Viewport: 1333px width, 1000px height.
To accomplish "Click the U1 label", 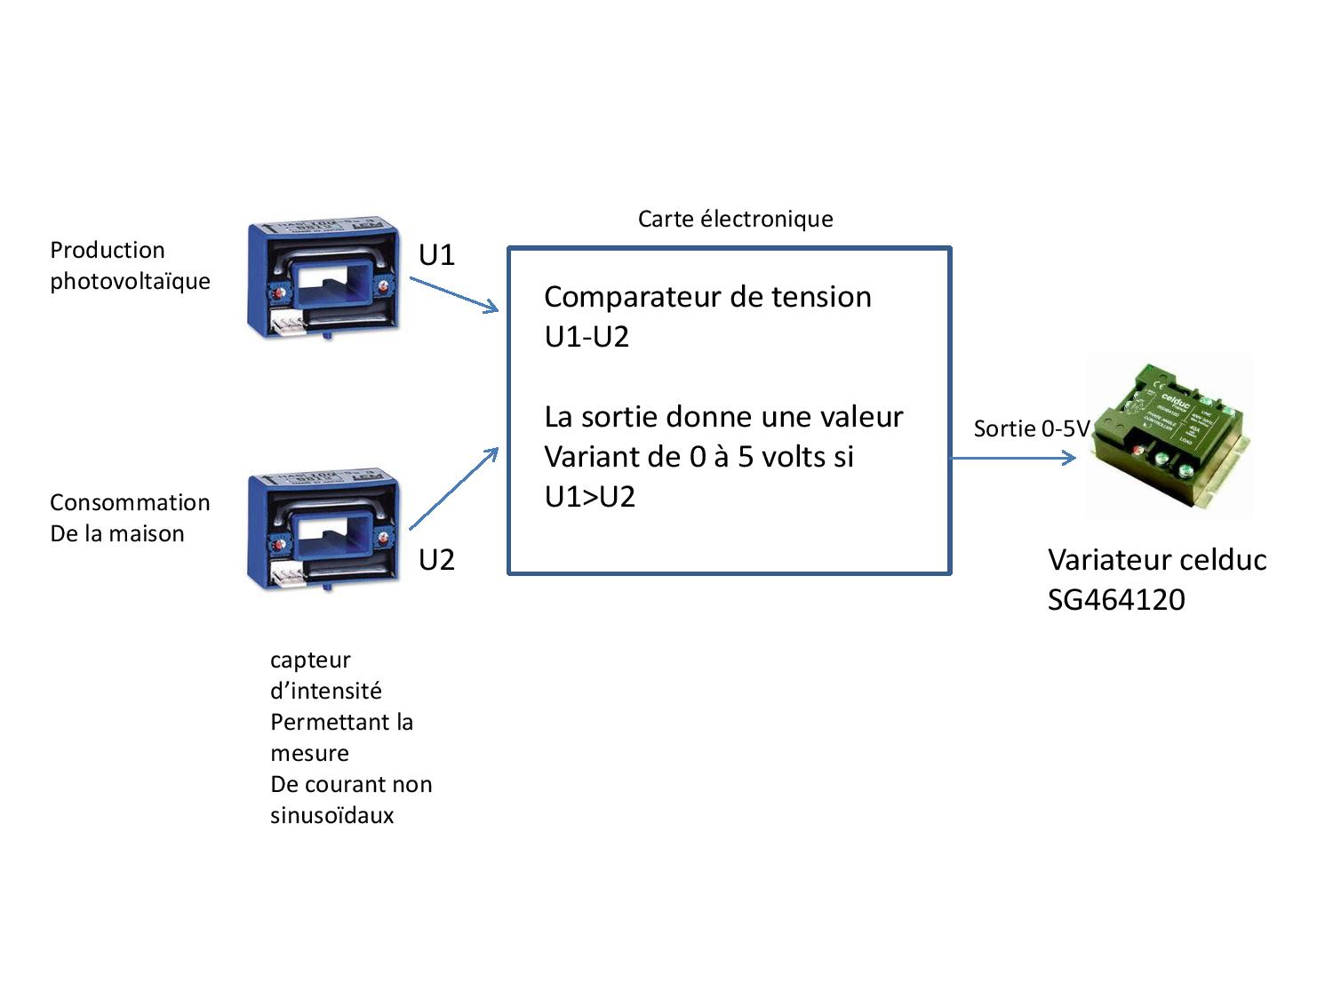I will point(436,256).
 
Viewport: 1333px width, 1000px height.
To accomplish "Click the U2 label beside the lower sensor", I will point(436,560).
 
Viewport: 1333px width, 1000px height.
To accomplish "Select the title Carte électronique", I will point(735,220).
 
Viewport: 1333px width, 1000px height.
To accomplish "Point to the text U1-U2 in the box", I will point(587,337).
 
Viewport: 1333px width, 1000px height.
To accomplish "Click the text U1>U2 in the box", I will point(590,497).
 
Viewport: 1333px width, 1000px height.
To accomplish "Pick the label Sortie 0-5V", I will point(1031,429).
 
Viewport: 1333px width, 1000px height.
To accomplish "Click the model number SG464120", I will point(1116,600).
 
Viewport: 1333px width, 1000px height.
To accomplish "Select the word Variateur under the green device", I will point(1106,560).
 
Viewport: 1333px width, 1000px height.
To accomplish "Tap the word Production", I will point(108,251).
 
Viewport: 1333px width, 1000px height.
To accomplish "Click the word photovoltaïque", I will point(130,282).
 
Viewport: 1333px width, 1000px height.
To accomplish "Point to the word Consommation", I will point(130,503).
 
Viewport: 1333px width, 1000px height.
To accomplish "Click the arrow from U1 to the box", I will point(454,294).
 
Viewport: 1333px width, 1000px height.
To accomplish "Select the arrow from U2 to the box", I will point(453,489).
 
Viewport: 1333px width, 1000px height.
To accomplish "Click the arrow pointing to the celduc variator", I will point(1014,459).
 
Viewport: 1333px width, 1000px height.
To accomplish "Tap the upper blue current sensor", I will point(323,278).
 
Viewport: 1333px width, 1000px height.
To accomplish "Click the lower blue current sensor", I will point(323,532).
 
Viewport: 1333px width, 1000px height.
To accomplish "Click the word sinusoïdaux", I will point(331,816).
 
